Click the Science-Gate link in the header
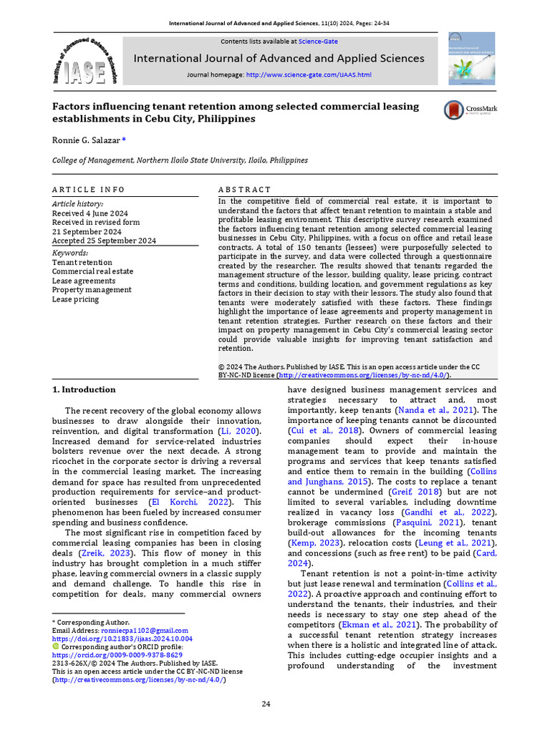[x=318, y=42]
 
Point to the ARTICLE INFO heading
[x=88, y=190]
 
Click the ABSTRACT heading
[x=244, y=190]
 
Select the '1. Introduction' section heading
[x=84, y=389]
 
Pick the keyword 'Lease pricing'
[x=75, y=299]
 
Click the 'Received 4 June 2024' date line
[x=90, y=213]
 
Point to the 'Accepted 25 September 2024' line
[x=104, y=241]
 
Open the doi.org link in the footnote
[x=122, y=638]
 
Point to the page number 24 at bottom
[x=266, y=704]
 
